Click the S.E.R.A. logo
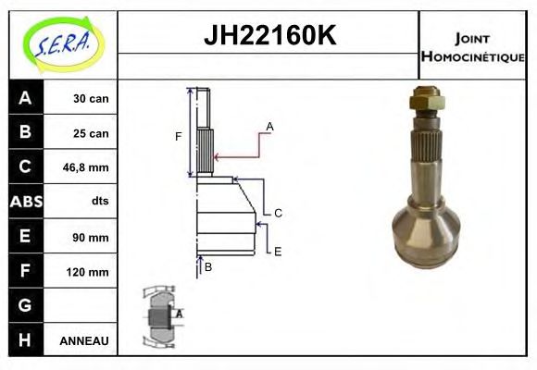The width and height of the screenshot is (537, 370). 60,43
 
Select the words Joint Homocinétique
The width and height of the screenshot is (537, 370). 472,46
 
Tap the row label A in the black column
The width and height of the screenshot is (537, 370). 25,98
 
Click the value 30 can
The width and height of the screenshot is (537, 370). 91,98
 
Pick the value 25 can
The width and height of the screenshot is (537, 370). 91,133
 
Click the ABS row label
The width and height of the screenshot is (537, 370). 25,202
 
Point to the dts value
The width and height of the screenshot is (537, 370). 99,202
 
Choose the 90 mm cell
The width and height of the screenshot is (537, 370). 92,237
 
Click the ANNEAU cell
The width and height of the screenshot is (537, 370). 84,340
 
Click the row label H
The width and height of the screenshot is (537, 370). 25,340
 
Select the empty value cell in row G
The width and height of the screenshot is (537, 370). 84,306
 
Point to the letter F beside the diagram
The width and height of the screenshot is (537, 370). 179,137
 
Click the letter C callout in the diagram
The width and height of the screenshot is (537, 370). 277,213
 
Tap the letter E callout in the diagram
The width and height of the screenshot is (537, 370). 277,251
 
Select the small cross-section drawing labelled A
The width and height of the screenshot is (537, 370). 160,317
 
